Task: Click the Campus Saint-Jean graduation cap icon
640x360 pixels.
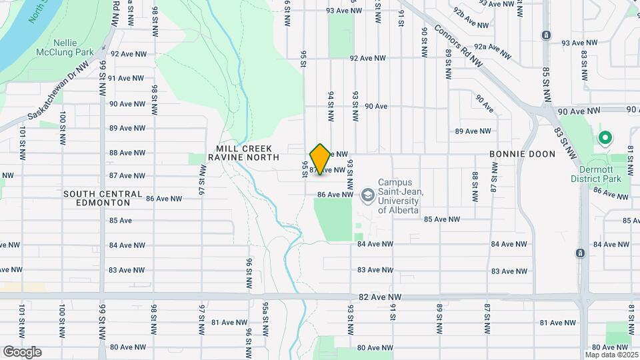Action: click(367, 195)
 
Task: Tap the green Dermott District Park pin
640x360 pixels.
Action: click(605, 139)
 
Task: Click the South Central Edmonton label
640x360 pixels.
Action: click(103, 198)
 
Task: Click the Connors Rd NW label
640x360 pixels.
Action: click(458, 47)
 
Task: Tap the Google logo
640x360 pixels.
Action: click(22, 352)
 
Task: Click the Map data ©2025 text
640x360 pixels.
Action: click(611, 355)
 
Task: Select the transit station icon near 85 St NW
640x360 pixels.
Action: click(547, 35)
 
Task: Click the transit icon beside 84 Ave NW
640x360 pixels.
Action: click(580, 253)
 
